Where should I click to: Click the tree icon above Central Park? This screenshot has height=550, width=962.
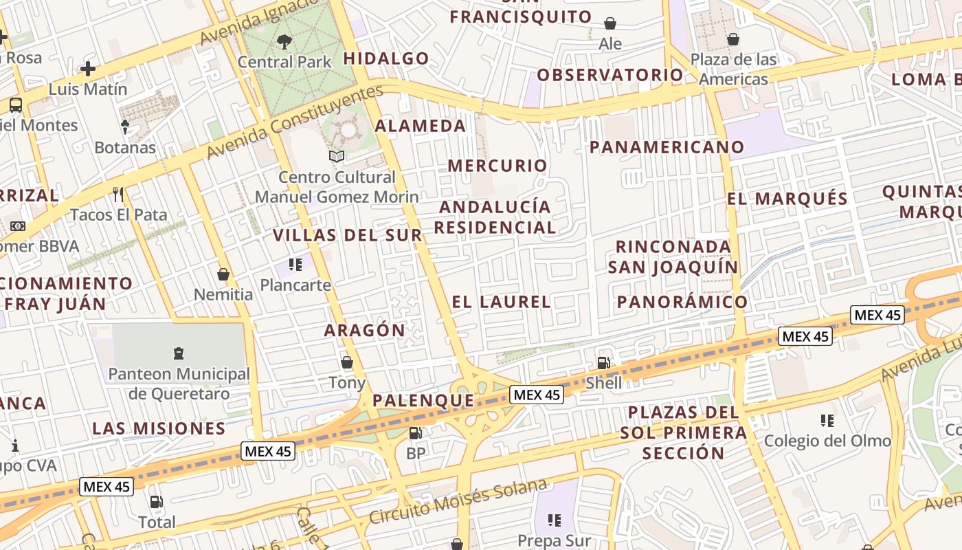284,42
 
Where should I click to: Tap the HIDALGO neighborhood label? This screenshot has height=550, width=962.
386,58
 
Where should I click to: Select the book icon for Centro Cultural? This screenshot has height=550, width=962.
336,157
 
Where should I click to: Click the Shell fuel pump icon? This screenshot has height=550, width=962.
603,362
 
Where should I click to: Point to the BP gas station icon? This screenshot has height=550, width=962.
415,433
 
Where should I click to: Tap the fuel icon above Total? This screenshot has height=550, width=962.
157,502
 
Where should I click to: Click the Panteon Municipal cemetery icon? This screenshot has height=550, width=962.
179,354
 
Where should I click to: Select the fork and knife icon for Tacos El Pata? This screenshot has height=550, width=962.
118,194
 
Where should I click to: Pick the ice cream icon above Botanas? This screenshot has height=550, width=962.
125,126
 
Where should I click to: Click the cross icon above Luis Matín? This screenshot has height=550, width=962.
88,69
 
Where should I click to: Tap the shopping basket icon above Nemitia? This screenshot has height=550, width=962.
223,274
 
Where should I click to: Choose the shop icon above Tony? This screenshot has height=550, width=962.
347,362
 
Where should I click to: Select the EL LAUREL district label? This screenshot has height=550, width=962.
501,302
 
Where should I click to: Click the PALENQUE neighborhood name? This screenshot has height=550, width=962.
423,400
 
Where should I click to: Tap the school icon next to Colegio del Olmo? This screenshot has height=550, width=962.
827,420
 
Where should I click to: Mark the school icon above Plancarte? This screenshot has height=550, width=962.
295,265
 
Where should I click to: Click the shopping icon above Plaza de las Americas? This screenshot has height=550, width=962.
733,38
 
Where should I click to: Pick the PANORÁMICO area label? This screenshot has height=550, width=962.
682,302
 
